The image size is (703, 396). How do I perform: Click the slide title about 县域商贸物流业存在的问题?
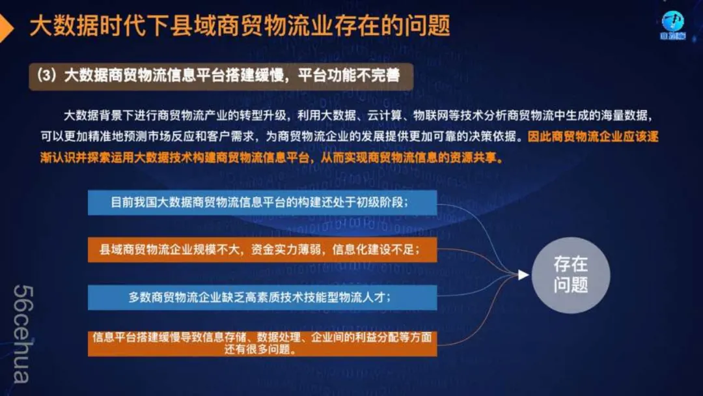point(240,25)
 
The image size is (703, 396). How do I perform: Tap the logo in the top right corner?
point(672,25)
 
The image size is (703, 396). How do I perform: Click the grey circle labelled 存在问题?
point(571,275)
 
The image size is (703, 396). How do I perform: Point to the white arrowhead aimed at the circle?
point(523,274)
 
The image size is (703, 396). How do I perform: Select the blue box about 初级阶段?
point(262,203)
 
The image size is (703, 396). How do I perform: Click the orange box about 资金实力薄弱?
point(262,250)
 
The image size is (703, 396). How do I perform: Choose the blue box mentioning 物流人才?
point(262,298)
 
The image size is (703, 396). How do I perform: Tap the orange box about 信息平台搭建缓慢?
point(262,343)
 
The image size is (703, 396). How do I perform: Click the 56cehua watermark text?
point(21,333)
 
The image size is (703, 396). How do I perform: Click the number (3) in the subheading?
point(46,76)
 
